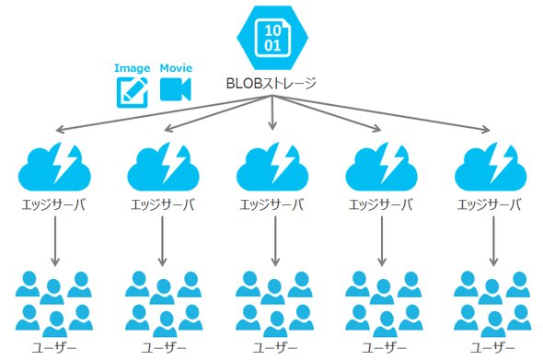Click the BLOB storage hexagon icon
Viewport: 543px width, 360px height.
point(272,37)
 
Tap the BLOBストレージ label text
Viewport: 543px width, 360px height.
point(271,84)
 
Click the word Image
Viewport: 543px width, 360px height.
point(133,69)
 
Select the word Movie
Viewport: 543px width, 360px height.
point(176,67)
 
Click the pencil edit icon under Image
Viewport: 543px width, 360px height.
point(132,92)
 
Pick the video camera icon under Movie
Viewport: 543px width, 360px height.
point(175,89)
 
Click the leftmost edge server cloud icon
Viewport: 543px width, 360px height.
point(54,167)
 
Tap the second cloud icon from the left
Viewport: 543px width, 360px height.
point(163,167)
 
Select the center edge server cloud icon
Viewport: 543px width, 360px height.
point(272,167)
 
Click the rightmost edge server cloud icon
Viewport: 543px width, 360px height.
point(491,167)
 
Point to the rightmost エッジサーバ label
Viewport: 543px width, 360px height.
point(490,205)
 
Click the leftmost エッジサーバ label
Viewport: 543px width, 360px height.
point(53,205)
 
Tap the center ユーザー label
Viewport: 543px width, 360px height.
point(275,348)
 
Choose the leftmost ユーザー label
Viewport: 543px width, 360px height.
point(54,348)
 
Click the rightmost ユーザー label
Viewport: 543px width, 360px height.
point(493,348)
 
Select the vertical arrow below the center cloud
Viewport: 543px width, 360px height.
point(275,241)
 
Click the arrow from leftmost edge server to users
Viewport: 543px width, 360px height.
point(55,241)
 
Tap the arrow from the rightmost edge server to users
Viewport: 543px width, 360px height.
point(494,241)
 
